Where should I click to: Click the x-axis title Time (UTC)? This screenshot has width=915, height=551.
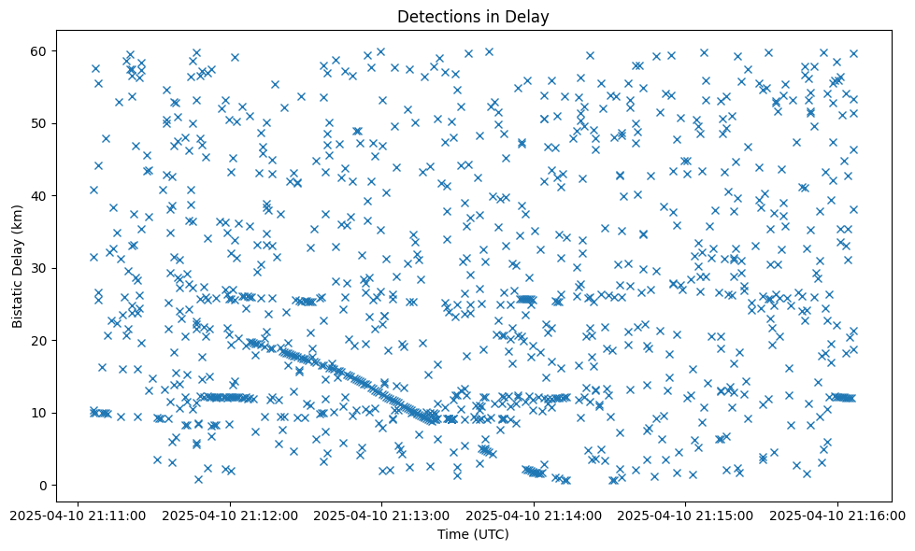coord(473,534)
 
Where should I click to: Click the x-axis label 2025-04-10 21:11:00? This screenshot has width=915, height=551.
coord(79,515)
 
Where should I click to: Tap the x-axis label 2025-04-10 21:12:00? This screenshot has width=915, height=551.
coord(230,515)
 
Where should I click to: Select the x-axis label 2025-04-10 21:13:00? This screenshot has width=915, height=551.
coord(381,515)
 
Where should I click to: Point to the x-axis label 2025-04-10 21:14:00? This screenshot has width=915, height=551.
coord(534,515)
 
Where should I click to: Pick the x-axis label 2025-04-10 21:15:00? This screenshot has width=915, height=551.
coord(685,515)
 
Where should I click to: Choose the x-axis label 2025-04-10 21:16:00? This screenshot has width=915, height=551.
coord(836,515)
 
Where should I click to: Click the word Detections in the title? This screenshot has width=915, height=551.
coord(434,16)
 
